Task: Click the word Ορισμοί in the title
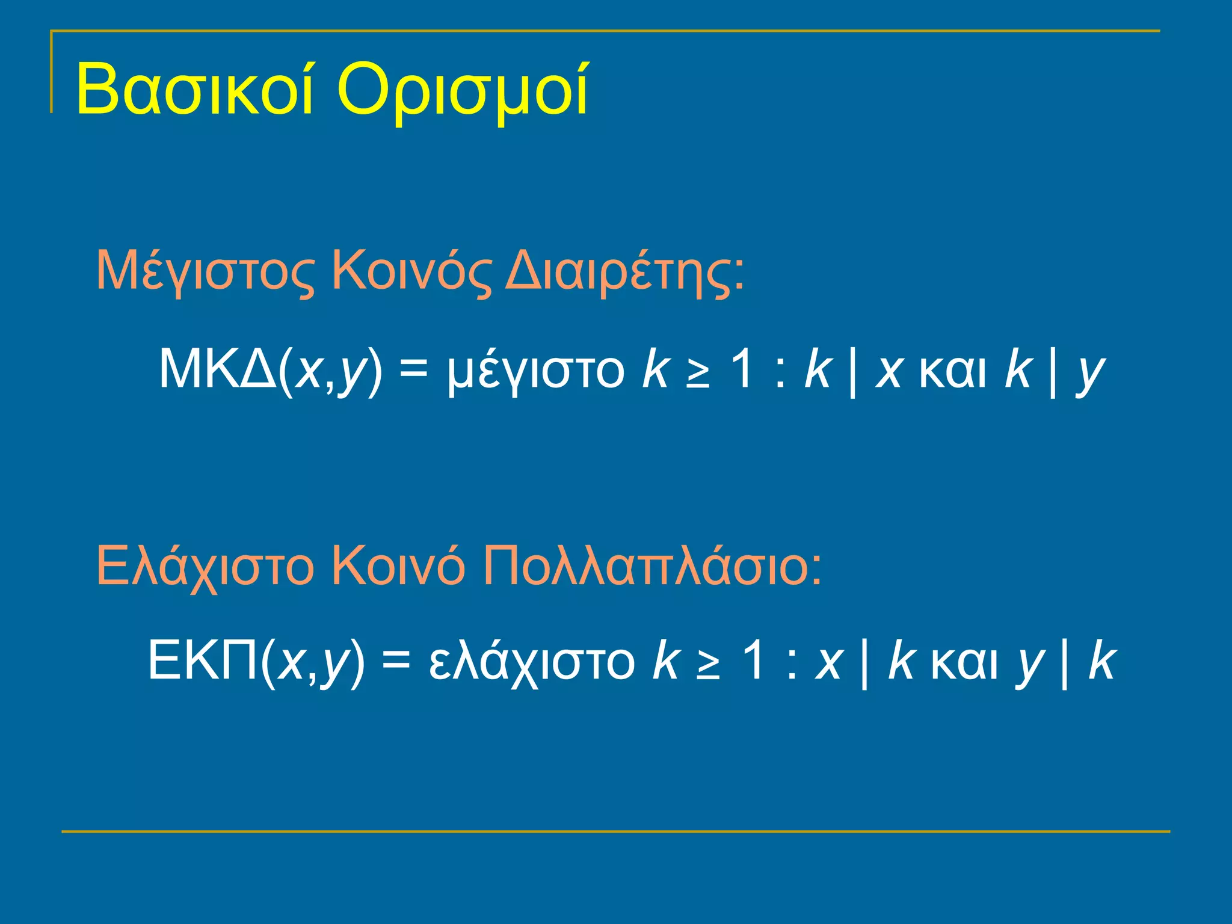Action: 463,90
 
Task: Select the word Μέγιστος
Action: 205,272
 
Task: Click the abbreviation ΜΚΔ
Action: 217,369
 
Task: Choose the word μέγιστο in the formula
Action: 536,372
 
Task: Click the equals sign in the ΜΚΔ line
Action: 414,369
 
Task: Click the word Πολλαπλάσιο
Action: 653,565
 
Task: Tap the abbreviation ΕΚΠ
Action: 202,660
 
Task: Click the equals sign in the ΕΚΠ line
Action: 396,660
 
